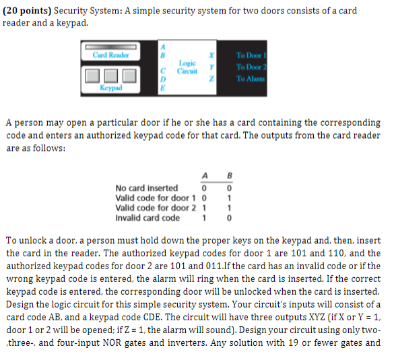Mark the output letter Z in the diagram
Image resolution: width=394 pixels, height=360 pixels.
[x=213, y=79]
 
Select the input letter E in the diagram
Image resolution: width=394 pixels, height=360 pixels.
[x=162, y=87]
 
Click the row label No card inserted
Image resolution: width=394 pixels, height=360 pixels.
[x=147, y=188]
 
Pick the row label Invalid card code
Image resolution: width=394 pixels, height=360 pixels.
[x=147, y=217]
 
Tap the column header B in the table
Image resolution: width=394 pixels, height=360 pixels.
[x=230, y=178]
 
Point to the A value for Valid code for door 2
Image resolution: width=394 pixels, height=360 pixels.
[x=203, y=208]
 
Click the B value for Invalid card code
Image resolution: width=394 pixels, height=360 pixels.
[x=230, y=218]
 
